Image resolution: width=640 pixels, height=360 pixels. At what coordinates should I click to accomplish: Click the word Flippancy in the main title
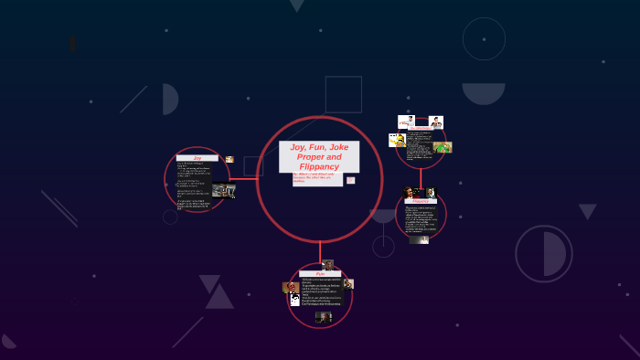click(x=319, y=166)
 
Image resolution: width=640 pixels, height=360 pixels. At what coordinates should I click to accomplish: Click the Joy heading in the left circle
click(x=197, y=158)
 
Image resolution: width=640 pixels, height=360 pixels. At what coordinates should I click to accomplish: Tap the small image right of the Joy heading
click(x=229, y=160)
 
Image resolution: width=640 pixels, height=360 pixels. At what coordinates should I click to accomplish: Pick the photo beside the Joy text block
click(x=222, y=190)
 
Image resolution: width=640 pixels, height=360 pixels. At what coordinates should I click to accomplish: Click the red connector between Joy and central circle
click(x=243, y=179)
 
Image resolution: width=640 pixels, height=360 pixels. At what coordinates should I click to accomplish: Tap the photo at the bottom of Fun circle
click(x=323, y=317)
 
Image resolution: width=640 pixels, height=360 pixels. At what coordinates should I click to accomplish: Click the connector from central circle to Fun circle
click(x=320, y=253)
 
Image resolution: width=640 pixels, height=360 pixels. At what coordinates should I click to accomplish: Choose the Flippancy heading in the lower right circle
click(x=421, y=200)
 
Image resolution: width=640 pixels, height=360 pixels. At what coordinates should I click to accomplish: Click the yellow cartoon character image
click(x=397, y=140)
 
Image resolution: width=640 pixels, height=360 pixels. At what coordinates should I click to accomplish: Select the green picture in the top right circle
click(x=443, y=146)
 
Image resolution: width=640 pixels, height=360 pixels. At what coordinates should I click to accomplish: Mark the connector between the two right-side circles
click(x=421, y=177)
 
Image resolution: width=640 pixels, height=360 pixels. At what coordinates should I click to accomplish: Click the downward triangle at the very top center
click(x=296, y=5)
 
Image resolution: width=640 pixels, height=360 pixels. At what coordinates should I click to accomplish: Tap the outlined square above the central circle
click(x=343, y=94)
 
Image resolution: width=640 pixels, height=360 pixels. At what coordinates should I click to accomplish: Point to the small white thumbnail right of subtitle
click(x=350, y=180)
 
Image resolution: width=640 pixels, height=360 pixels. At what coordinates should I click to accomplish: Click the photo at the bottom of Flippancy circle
click(x=420, y=240)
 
